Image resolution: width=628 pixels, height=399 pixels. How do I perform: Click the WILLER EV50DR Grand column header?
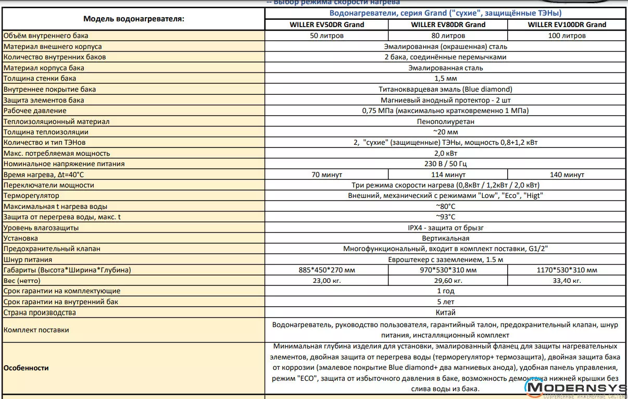pos(326,24)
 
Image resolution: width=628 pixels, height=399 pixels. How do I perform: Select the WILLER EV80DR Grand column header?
pos(448,24)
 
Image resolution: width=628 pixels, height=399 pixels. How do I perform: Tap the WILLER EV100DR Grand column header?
pos(567,24)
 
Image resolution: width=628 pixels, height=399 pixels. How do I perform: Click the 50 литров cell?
pos(326,35)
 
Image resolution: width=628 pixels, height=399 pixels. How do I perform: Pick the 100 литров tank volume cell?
pos(567,35)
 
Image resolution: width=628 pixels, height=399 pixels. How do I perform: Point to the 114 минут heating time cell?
pos(448,174)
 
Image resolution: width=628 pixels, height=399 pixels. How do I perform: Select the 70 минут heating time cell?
pos(326,174)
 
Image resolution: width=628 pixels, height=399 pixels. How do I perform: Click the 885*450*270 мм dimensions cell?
pos(326,270)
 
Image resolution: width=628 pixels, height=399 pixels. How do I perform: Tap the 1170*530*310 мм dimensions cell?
pos(567,270)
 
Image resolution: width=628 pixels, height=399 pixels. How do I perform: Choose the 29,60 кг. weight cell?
pos(448,281)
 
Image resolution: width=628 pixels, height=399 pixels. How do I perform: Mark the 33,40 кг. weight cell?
pos(567,281)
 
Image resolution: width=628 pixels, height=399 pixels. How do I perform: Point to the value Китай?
pos(445,313)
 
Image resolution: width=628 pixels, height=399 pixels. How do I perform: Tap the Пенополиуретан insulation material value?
pos(445,121)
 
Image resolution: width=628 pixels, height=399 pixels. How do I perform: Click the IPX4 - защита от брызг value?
pos(445,228)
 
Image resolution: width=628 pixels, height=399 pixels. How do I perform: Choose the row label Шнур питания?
pos(28,259)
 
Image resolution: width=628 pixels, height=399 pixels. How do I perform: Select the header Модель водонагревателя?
pos(133,19)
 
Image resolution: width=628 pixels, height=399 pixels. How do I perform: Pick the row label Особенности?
pos(26,368)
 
